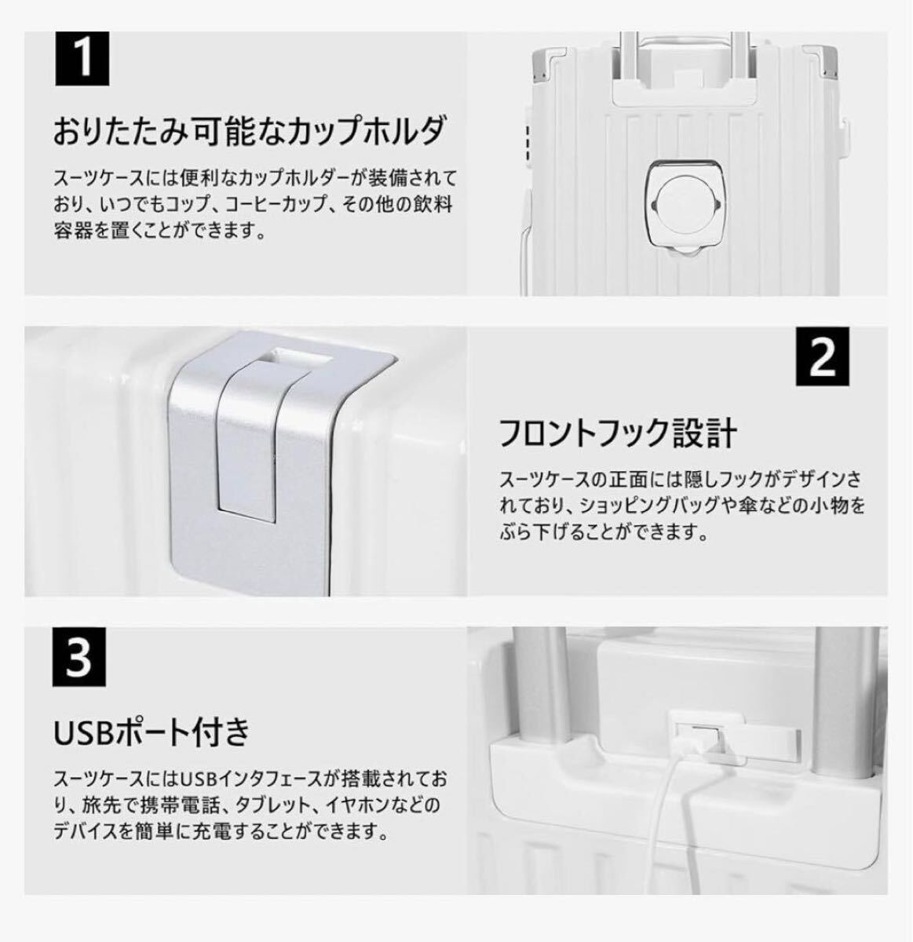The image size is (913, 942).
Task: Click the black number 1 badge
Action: pos(82,60)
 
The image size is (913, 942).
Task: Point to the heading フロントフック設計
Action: pos(619,433)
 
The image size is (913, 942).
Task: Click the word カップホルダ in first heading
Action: pos(360,130)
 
